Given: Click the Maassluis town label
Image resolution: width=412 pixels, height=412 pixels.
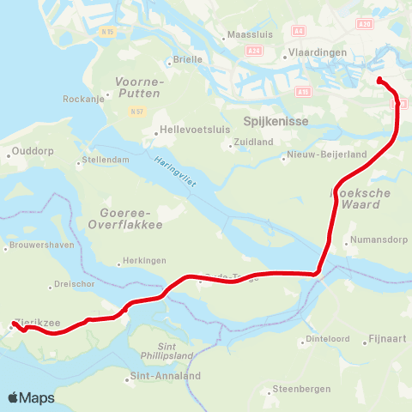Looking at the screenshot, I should pos(248,36).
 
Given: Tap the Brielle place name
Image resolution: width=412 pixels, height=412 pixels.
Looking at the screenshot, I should pos(188,59).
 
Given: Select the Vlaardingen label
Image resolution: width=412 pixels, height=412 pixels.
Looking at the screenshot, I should pos(317,52).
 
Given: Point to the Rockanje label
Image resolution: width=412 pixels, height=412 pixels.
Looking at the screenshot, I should pos(82,99).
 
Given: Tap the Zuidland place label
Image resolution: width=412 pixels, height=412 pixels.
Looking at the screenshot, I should pos(253,142).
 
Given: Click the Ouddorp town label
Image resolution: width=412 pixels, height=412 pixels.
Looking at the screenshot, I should pos(33,155).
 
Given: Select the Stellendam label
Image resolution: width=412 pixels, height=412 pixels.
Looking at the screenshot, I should pos(106,161).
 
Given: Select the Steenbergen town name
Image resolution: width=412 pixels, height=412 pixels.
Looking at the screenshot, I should pos(301,389).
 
